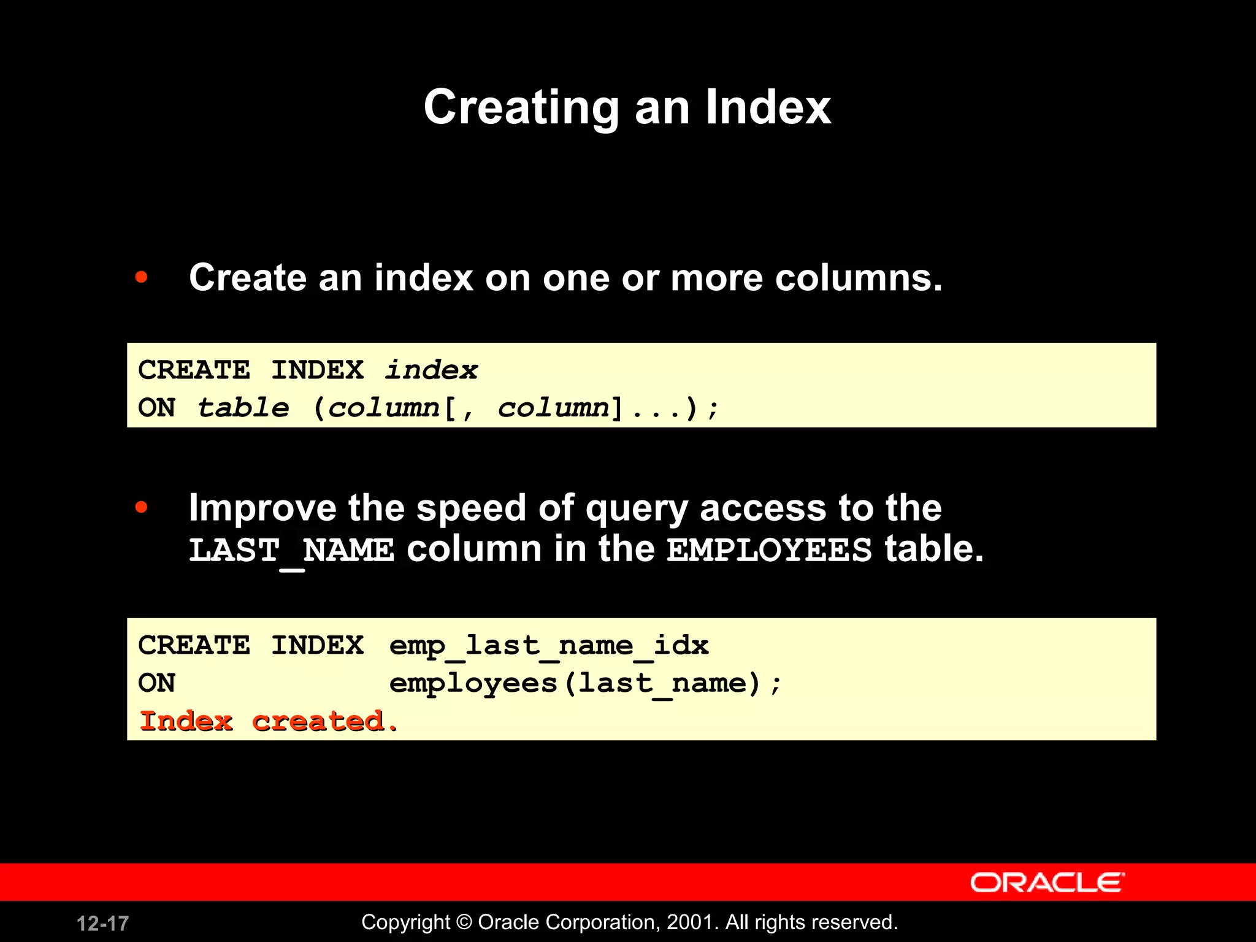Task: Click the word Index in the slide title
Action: click(x=768, y=107)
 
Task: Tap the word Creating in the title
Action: click(x=522, y=109)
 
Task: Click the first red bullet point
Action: click(x=142, y=277)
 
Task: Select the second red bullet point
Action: click(x=142, y=507)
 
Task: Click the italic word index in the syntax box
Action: click(x=431, y=370)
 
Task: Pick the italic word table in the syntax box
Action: click(x=243, y=408)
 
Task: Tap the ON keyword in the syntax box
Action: click(x=157, y=408)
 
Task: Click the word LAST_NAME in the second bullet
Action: click(x=291, y=550)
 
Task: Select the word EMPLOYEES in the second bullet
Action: click(x=769, y=549)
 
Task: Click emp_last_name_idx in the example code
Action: click(x=549, y=646)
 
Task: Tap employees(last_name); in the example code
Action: click(x=586, y=683)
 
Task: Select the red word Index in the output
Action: click(x=186, y=721)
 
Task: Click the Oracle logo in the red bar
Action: click(x=1047, y=883)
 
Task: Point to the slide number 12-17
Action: click(x=102, y=923)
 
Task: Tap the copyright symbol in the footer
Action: click(x=464, y=922)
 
